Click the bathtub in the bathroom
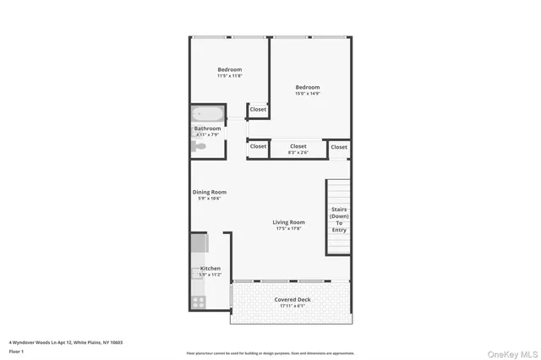[207, 114]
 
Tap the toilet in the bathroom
[199, 146]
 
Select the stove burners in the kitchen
[199, 301]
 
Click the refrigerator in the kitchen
[199, 243]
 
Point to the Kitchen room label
[210, 269]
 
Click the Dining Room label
[210, 192]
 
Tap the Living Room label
[289, 222]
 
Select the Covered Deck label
[292, 300]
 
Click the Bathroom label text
[208, 128]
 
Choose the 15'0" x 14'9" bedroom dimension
[308, 94]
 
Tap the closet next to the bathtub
[258, 109]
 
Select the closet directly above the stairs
[339, 147]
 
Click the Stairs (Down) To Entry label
[339, 220]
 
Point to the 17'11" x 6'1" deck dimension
[292, 307]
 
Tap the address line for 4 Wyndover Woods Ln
[66, 342]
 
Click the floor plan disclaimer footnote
[270, 353]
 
